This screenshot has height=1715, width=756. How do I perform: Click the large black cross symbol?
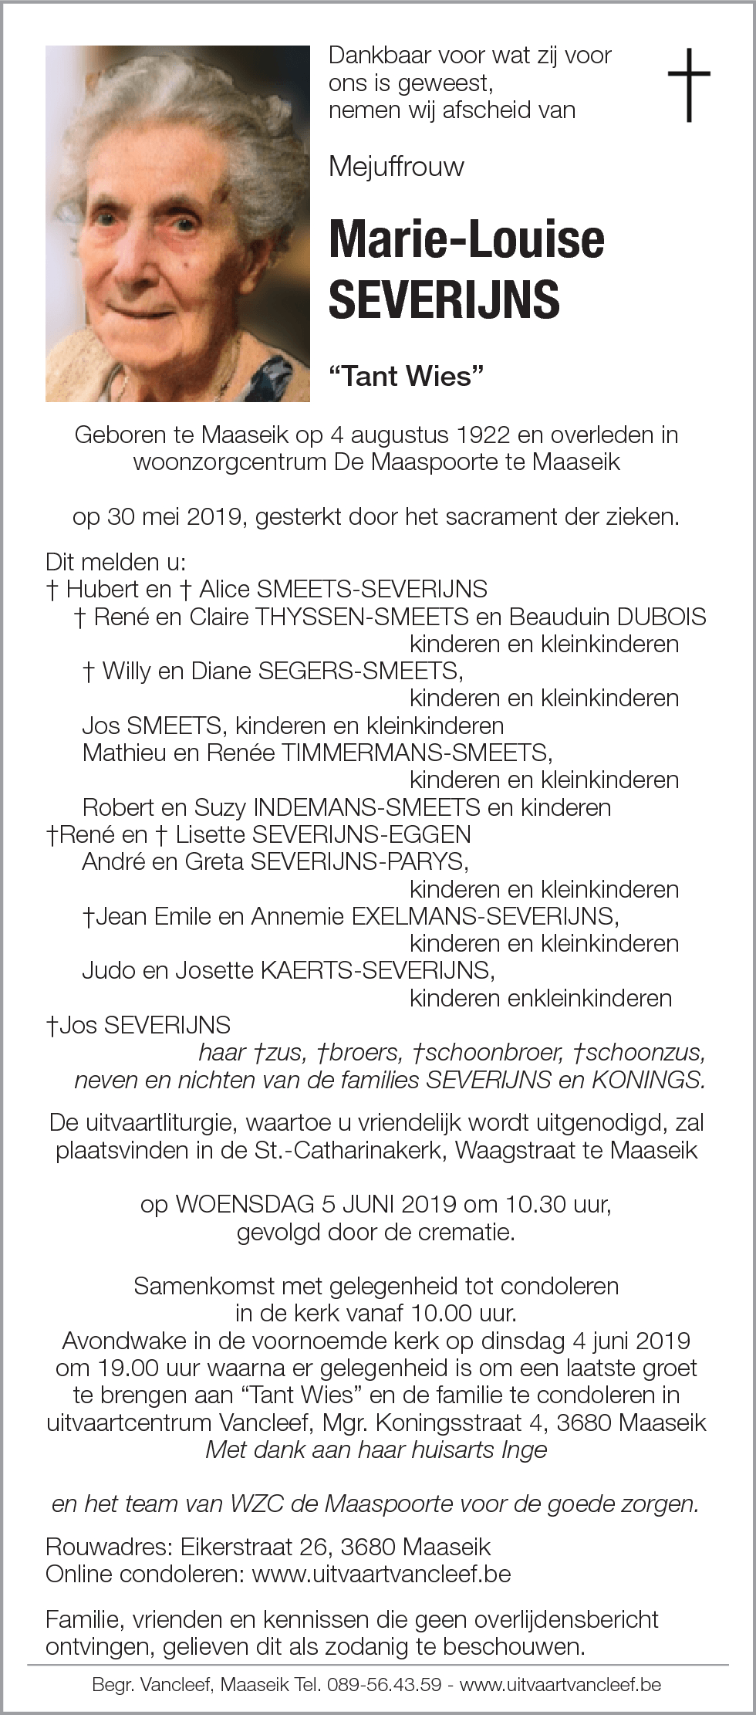point(688,85)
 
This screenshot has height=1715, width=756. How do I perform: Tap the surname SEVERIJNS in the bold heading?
point(444,299)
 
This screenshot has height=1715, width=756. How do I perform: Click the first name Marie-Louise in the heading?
point(466,239)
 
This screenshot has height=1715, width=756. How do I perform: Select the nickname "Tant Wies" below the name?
point(406,376)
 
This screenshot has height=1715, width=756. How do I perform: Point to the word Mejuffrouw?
point(397,167)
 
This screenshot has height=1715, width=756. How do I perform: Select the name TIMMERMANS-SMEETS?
point(416,753)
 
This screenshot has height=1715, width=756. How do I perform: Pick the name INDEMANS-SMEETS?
point(366,807)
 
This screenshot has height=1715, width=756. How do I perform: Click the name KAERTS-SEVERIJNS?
point(376,970)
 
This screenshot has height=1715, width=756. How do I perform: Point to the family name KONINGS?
point(648,1080)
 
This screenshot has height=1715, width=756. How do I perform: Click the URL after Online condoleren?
point(381,1574)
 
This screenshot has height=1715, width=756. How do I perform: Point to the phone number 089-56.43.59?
point(384,1684)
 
